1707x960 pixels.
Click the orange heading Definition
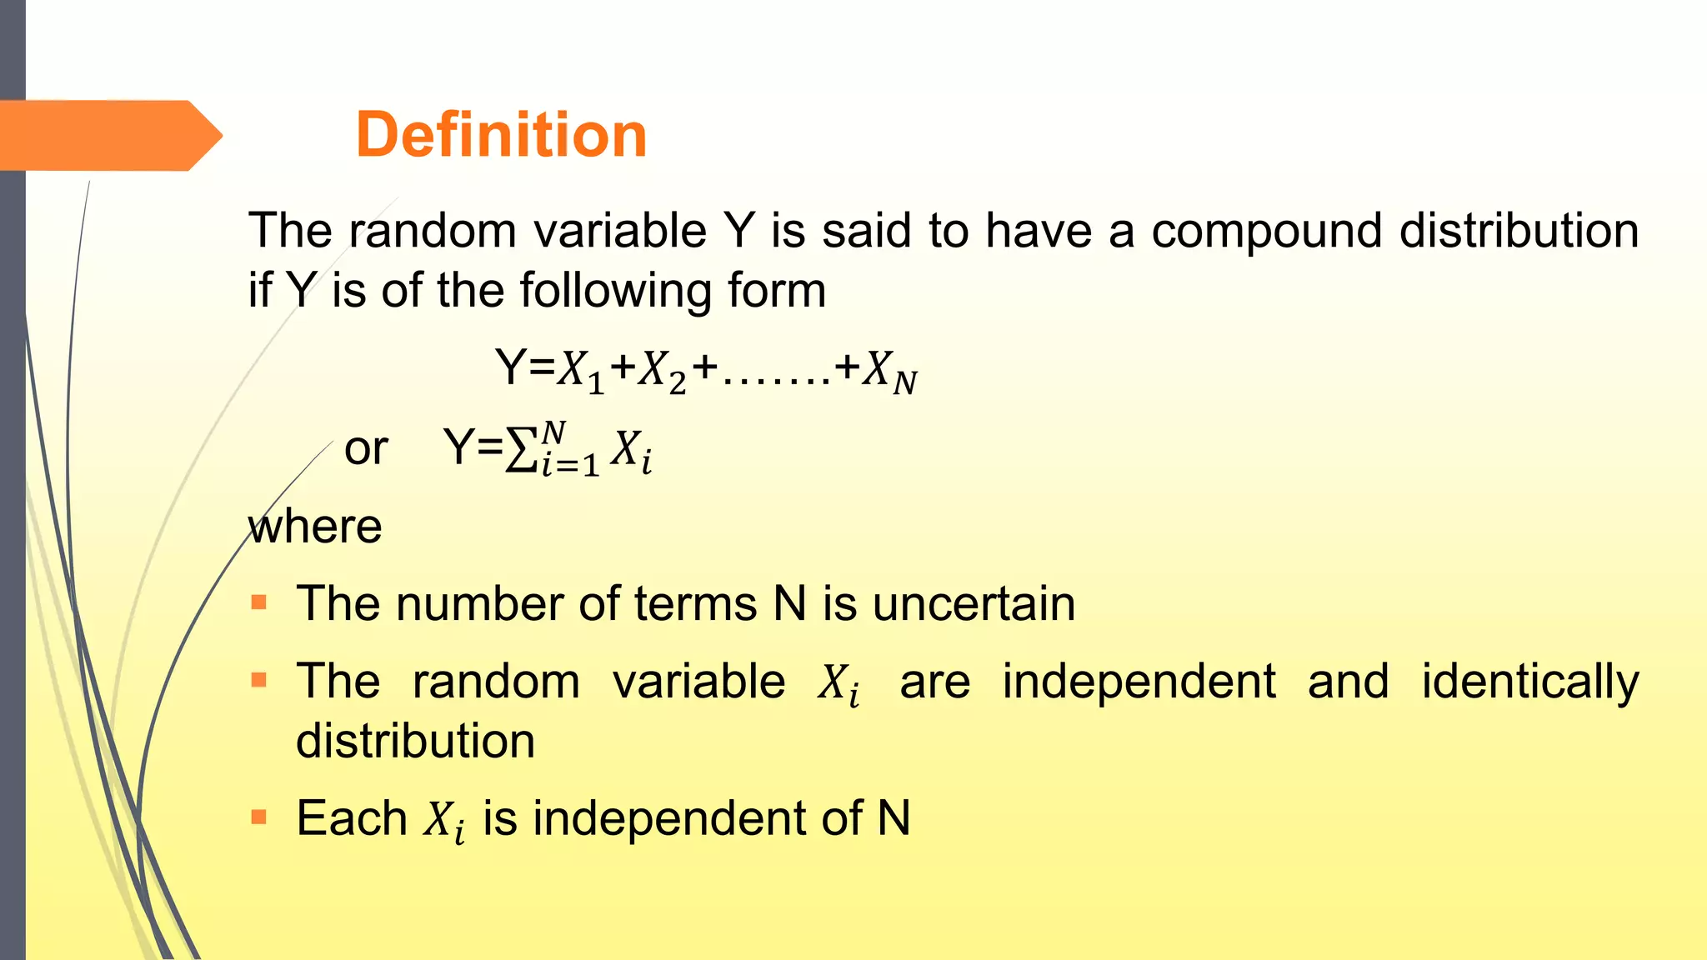[501, 135]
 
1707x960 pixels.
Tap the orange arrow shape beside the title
[108, 136]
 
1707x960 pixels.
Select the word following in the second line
[615, 292]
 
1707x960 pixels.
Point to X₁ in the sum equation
[580, 370]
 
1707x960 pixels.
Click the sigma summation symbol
[521, 450]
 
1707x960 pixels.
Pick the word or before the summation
[366, 449]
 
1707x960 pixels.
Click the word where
[315, 527]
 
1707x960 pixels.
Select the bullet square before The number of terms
[258, 602]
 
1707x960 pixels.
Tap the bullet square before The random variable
[258, 680]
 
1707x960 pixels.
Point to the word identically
[1529, 682]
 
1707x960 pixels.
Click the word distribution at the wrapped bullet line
[415, 741]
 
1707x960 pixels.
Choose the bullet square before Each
[258, 817]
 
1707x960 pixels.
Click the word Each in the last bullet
[351, 818]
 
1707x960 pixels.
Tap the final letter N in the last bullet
[894, 818]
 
